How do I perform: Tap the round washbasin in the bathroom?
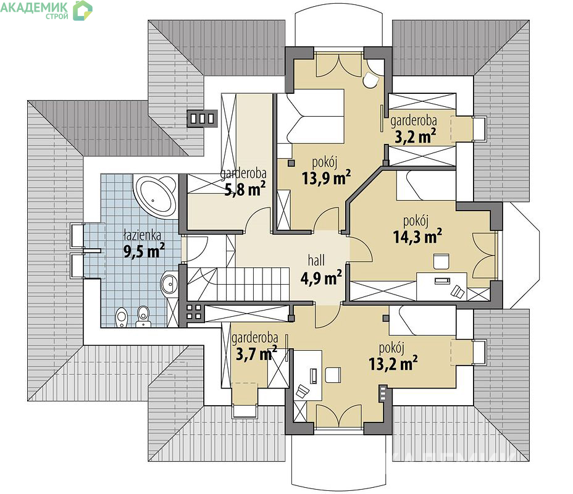click(169, 283)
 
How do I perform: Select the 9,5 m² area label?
click(144, 251)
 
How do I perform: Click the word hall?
click(316, 261)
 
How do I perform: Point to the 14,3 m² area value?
click(417, 237)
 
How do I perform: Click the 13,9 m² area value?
click(327, 178)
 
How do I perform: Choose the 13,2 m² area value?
click(393, 364)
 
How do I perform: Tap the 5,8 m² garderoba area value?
click(245, 190)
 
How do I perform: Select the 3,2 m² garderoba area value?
click(416, 136)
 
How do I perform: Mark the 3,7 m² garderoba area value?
click(256, 354)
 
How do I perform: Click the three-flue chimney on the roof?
click(202, 119)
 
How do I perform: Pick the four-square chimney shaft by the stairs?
click(194, 312)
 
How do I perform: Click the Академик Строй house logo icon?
click(83, 10)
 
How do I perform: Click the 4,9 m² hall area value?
click(321, 278)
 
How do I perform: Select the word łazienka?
click(143, 235)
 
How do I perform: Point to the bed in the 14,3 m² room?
click(426, 186)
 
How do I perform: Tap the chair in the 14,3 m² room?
click(441, 262)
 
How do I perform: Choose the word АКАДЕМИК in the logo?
click(34, 7)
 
